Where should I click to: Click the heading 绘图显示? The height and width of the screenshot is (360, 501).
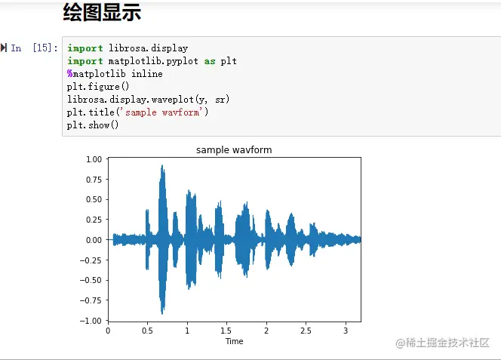click(103, 12)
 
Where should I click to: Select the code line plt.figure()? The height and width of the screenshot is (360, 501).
click(98, 87)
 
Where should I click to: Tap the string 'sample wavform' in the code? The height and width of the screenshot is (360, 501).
click(163, 112)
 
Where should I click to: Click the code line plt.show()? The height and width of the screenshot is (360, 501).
click(93, 125)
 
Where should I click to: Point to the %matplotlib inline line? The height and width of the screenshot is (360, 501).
click(115, 74)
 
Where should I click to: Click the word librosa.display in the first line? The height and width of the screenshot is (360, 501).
click(148, 48)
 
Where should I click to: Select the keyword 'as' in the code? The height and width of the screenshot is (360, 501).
click(210, 61)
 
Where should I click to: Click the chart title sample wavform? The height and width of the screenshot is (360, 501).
click(234, 150)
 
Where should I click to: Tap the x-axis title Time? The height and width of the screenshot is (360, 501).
click(234, 341)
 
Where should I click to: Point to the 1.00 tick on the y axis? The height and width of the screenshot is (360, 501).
click(94, 159)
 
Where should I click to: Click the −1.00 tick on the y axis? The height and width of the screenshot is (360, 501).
click(91, 321)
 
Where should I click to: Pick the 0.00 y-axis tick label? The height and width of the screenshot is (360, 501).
click(94, 240)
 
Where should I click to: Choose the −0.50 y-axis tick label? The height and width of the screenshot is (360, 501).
click(91, 281)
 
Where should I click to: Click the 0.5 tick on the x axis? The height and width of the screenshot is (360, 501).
click(147, 331)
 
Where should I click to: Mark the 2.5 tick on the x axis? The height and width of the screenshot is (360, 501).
click(306, 331)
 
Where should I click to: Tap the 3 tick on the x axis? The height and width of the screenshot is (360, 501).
click(346, 331)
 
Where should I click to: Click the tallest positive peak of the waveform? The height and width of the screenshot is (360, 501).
click(162, 165)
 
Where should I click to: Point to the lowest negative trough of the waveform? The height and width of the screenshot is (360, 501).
click(162, 314)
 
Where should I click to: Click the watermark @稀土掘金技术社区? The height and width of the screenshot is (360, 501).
click(443, 343)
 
